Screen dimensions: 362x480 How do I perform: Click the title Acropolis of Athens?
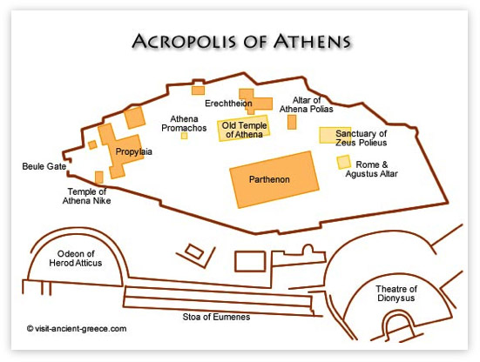pyautogui.click(x=240, y=41)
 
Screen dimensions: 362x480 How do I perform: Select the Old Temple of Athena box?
pyautogui.click(x=243, y=129)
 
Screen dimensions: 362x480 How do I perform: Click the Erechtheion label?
pyautogui.click(x=227, y=103)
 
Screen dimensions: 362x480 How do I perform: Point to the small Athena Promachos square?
pyautogui.click(x=184, y=136)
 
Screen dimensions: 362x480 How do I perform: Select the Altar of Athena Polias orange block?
pyautogui.click(x=292, y=121)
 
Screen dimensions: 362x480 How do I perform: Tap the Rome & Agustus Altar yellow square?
pyautogui.click(x=344, y=162)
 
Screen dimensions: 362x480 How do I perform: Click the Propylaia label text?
pyautogui.click(x=134, y=151)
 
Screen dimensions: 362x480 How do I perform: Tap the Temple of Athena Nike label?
pyautogui.click(x=88, y=196)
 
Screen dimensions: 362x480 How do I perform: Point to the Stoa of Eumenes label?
pyautogui.click(x=214, y=315)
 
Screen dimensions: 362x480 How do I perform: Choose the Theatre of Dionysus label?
pyautogui.click(x=396, y=294)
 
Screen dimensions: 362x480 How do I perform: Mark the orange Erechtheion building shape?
pyautogui.click(x=255, y=101)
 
